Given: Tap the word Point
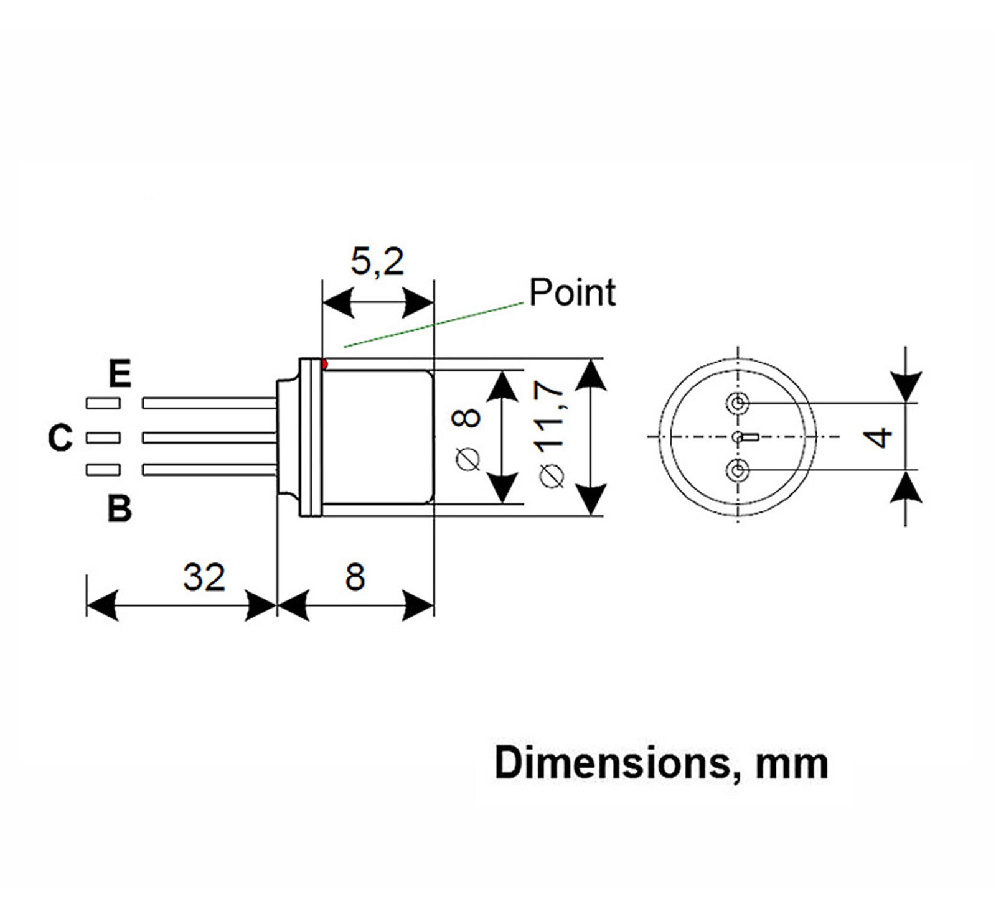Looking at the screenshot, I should (x=572, y=292).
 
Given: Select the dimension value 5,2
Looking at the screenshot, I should (x=377, y=261).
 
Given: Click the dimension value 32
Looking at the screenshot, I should (x=204, y=577).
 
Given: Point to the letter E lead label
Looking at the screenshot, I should (x=120, y=374).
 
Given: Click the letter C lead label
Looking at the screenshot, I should (x=60, y=437).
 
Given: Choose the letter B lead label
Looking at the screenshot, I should (x=120, y=508).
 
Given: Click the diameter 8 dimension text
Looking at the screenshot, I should (x=468, y=439).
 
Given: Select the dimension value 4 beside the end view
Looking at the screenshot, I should (x=878, y=437).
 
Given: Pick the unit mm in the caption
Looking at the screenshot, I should (x=792, y=765).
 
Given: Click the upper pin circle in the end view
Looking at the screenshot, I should (x=738, y=404).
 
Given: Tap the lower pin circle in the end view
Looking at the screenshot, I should (x=738, y=470).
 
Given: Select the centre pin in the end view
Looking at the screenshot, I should (x=738, y=437).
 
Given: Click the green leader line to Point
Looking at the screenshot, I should (x=433, y=325).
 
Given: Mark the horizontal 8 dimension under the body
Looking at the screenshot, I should (x=355, y=578).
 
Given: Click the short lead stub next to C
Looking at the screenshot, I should (x=103, y=438).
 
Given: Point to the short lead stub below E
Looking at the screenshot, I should (x=103, y=403).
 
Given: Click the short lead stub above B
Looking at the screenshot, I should (x=103, y=470).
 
